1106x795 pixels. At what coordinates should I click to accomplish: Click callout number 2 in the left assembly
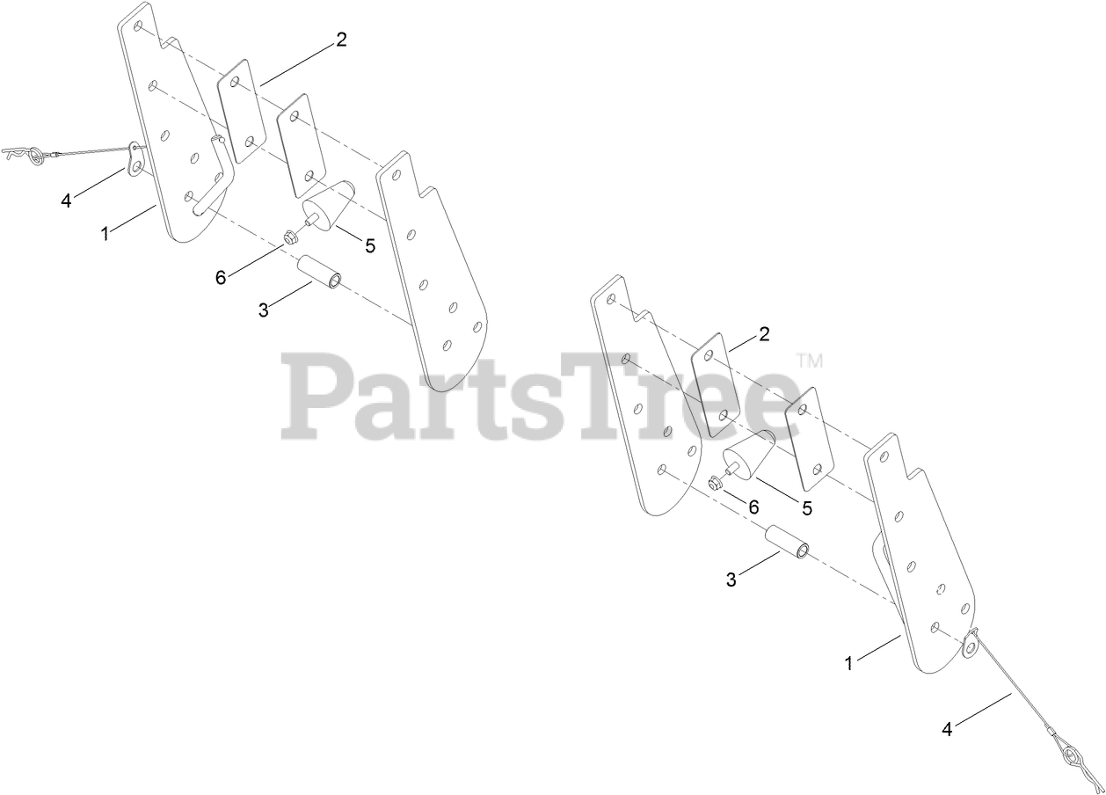(341, 40)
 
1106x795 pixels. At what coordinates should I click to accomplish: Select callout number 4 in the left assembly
(66, 201)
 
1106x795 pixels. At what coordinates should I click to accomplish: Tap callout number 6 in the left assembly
(221, 278)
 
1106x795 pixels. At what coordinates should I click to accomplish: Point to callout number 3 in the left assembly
(263, 310)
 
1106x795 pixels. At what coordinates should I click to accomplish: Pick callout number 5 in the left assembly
(370, 246)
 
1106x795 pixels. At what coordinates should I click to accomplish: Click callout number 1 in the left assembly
(106, 234)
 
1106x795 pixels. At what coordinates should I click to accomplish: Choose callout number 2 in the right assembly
(764, 334)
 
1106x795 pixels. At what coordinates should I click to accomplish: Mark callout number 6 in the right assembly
(753, 507)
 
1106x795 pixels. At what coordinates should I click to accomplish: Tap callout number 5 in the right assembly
(806, 508)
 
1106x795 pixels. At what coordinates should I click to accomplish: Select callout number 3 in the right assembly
(731, 580)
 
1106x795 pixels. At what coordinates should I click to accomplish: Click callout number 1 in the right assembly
(848, 664)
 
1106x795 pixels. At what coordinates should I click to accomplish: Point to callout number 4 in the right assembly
(947, 728)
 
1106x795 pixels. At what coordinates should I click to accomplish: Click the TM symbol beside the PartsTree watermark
(809, 361)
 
